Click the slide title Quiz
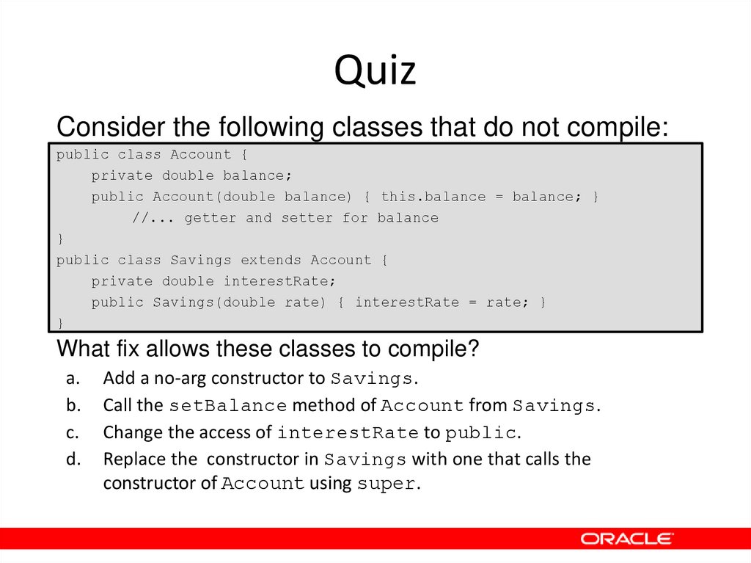click(x=375, y=72)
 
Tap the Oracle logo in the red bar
click(x=626, y=539)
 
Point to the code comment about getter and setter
click(x=285, y=218)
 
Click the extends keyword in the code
click(x=271, y=260)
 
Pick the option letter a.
click(x=71, y=379)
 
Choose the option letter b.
click(x=72, y=405)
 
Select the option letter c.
click(x=71, y=432)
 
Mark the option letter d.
click(x=72, y=459)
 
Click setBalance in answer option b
click(x=228, y=406)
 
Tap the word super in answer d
click(x=386, y=484)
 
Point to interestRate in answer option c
click(x=348, y=432)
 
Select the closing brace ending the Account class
click(x=60, y=239)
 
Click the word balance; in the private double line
click(x=257, y=175)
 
